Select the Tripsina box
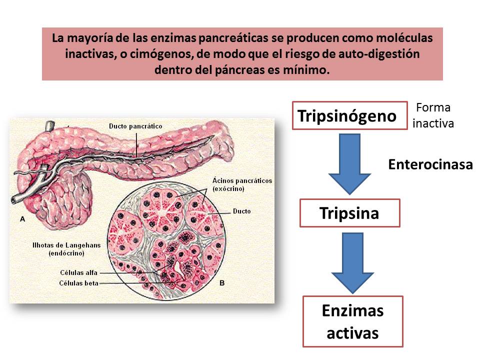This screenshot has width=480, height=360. click(349, 213)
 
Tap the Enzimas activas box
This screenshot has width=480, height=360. click(352, 321)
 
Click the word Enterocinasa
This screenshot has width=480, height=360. click(430, 164)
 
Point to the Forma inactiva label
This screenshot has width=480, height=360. click(433, 115)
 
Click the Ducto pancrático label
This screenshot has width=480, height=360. click(135, 126)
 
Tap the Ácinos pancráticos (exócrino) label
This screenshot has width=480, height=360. click(242, 185)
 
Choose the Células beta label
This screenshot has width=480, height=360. click(78, 283)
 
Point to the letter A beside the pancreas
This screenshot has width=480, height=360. click(22, 219)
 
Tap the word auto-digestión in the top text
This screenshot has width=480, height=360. click(384, 53)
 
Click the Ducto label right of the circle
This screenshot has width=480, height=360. click(242, 211)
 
